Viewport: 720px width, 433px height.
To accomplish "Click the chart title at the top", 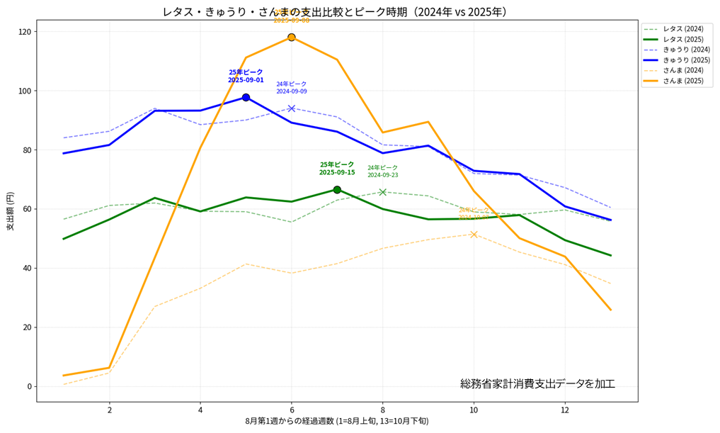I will (334, 12).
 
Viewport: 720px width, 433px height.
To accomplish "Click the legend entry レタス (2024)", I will (682, 28).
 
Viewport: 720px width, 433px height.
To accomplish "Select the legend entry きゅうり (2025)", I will (686, 60).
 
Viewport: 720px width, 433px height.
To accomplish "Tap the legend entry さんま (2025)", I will (682, 81).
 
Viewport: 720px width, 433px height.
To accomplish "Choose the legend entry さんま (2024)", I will (682, 70).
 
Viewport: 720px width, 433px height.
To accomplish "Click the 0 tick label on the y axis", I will (30, 386).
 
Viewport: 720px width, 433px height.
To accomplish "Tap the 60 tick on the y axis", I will (26, 209).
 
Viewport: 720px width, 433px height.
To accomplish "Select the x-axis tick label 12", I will (564, 410).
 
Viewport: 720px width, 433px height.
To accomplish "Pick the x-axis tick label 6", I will (291, 410).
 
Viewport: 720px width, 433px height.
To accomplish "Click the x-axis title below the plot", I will (337, 421).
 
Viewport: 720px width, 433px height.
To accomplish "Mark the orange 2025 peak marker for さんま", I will (291, 37).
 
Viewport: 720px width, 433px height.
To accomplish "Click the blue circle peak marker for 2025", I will (246, 97).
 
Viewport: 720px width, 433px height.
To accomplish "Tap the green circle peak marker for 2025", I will (337, 190).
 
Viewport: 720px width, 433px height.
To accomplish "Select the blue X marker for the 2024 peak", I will (291, 108).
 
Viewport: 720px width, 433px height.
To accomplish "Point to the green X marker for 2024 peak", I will (382, 192).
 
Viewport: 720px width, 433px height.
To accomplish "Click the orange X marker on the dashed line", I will (474, 235).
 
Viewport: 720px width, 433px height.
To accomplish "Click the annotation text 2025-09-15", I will (337, 172).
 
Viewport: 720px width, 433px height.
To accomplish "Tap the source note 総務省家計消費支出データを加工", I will (537, 383).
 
